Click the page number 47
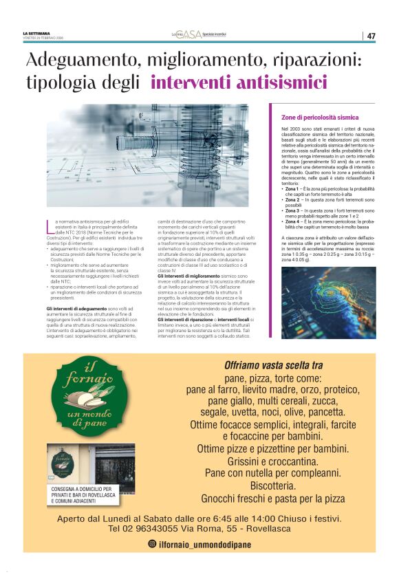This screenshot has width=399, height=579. pyautogui.click(x=371, y=36)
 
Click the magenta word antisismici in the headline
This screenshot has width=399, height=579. pyautogui.click(x=239, y=83)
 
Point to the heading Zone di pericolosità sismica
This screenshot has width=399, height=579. pyautogui.click(x=320, y=118)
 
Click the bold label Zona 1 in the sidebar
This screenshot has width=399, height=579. pyautogui.click(x=293, y=188)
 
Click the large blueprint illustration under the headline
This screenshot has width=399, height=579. pyautogui.click(x=147, y=155)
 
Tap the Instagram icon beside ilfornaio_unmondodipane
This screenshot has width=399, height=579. pyautogui.click(x=152, y=544)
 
